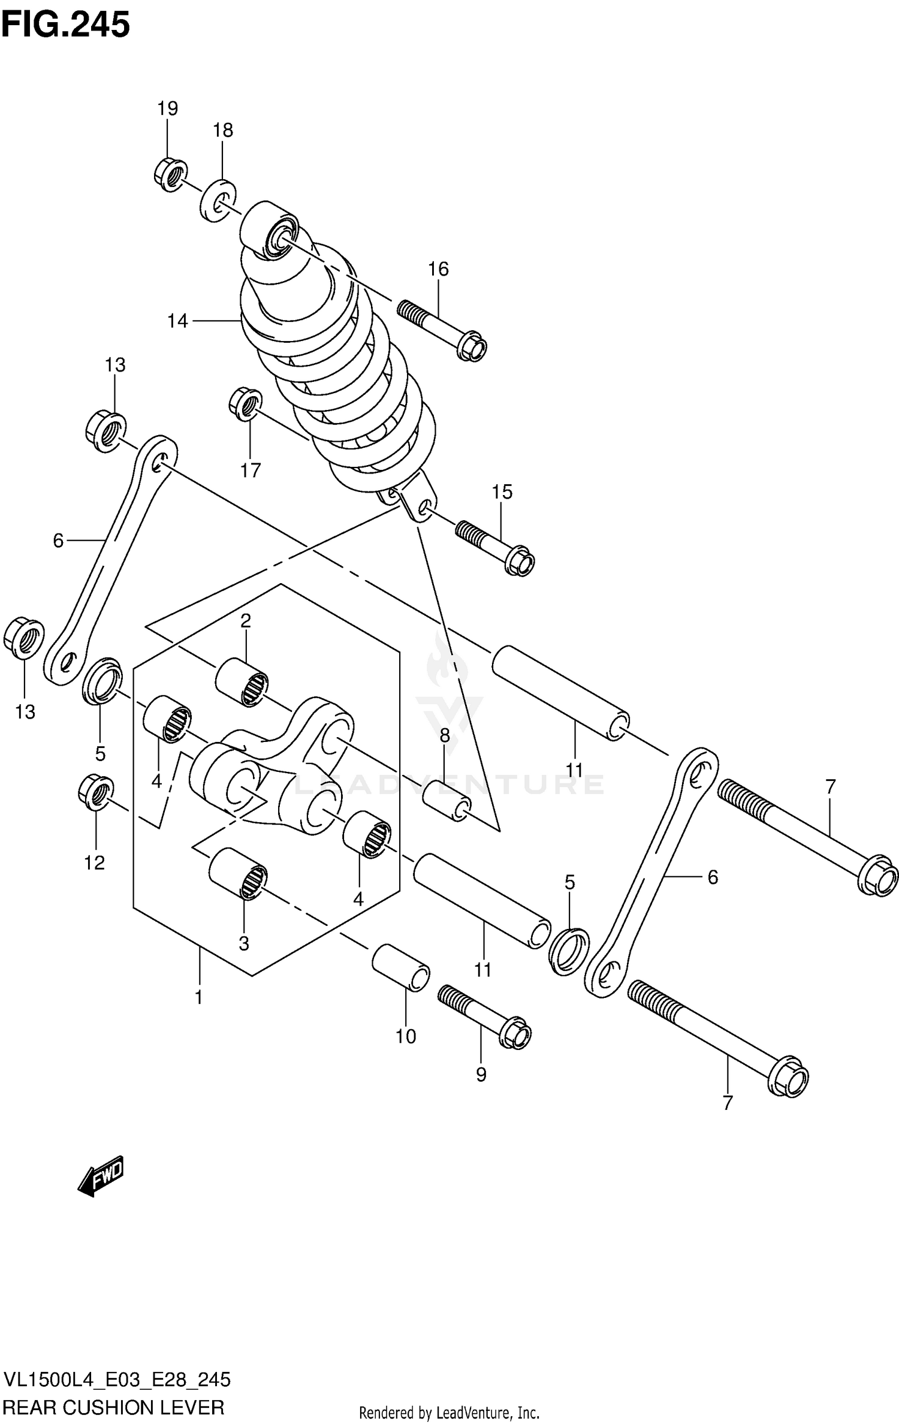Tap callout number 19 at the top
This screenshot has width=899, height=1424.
click(168, 108)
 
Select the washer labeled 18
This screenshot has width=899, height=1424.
click(216, 200)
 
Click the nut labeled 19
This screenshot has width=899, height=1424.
click(170, 174)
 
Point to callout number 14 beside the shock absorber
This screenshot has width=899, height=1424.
click(177, 321)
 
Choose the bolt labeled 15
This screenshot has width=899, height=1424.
click(496, 546)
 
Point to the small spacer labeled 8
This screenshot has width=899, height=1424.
click(447, 802)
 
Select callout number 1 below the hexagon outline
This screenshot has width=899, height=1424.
click(198, 997)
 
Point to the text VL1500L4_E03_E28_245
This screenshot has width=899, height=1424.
click(117, 1375)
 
